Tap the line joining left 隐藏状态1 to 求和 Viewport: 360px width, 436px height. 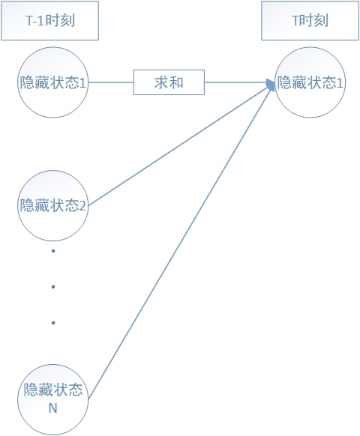pyautogui.click(x=111, y=82)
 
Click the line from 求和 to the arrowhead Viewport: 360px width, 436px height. pyautogui.click(x=235, y=82)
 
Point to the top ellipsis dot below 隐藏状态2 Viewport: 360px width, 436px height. pyautogui.click(x=53, y=251)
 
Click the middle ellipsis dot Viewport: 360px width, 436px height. pyautogui.click(x=53, y=287)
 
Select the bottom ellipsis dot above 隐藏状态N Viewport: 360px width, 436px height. pyautogui.click(x=53, y=323)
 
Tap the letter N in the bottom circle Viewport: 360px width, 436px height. pyautogui.click(x=53, y=408)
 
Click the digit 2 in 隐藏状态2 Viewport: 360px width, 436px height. pyautogui.click(x=82, y=206)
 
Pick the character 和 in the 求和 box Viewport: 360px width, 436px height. pyautogui.click(x=176, y=82)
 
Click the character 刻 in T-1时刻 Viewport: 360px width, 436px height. pyautogui.click(x=67, y=20)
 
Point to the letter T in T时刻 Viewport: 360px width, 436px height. pyautogui.click(x=295, y=20)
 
